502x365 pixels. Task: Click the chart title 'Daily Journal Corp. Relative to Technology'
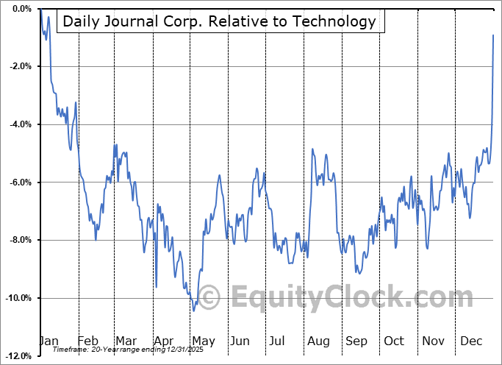pos(219,21)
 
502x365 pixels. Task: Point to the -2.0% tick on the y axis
pos(20,66)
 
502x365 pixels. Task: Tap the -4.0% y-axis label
pos(20,124)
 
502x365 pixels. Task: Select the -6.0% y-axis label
pos(20,182)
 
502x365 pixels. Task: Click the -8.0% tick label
pos(20,240)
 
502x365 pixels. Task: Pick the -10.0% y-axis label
pos(18,298)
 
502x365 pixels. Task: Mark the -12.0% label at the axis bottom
pos(18,356)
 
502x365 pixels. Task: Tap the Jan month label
pos(49,341)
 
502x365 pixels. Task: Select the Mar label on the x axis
pos(126,341)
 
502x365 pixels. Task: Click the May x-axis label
pos(203,341)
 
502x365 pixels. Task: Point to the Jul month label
pos(278,341)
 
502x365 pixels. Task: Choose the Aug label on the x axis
pos(318,341)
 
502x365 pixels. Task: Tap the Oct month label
pos(394,341)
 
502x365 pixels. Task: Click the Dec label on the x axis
pos(471,341)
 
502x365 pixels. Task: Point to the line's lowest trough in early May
pos(193,311)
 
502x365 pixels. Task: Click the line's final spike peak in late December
pos(493,35)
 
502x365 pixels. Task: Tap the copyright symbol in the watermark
pos(209,297)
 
